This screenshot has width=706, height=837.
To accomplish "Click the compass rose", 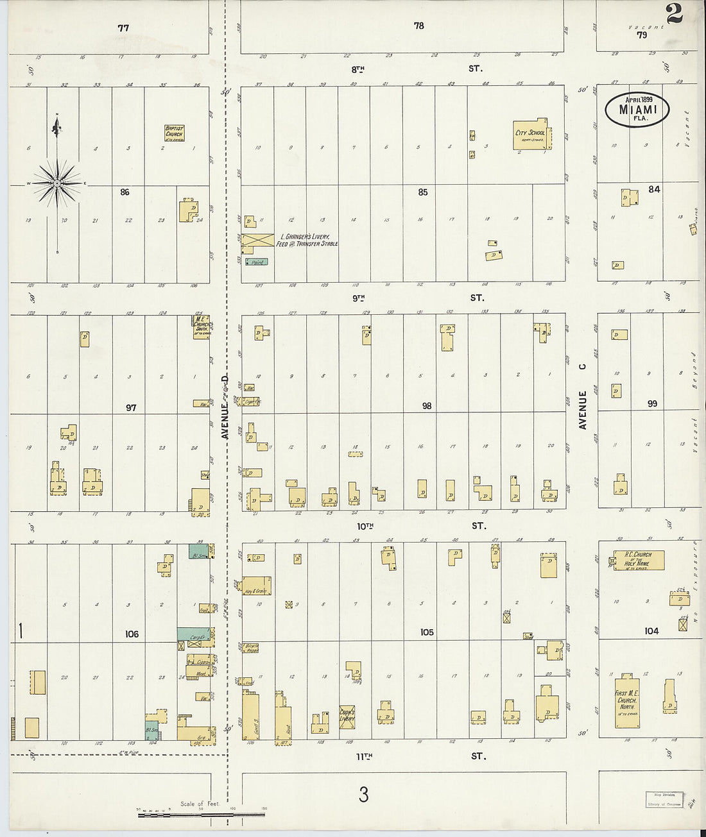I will click(x=57, y=183).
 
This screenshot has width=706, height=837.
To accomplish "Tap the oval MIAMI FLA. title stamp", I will click(x=637, y=109).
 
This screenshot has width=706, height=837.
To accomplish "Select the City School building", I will click(x=529, y=135).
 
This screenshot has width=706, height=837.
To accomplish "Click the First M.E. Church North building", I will click(x=626, y=702).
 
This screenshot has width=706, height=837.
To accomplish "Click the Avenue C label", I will click(x=583, y=396).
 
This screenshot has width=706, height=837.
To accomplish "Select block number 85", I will click(x=422, y=192).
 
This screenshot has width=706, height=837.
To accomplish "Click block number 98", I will click(x=426, y=405).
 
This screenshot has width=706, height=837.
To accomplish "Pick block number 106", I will click(x=132, y=634).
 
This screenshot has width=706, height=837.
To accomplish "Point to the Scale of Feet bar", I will click(x=201, y=815).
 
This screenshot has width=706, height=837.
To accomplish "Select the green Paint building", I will click(x=257, y=262).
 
